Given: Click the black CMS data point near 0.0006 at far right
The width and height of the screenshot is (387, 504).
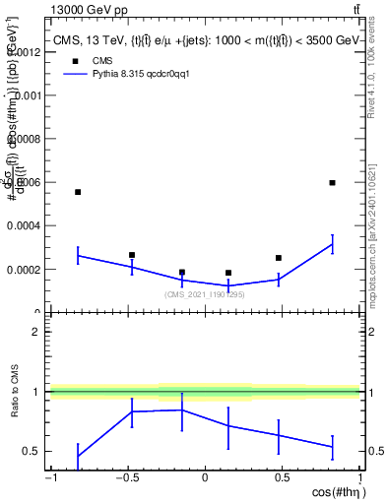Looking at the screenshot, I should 333,182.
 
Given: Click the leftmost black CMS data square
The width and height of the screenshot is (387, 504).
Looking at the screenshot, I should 78,192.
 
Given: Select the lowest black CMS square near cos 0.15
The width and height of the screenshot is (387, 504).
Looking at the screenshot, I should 228,273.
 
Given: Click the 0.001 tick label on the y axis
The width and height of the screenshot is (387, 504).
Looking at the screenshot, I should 26,95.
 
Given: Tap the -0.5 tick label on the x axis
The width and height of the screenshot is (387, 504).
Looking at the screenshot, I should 126,477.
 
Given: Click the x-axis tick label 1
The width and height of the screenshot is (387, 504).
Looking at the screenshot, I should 358,477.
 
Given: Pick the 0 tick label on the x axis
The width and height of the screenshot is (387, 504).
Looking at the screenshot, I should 205,477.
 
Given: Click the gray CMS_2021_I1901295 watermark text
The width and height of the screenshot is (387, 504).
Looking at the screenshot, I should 205,294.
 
